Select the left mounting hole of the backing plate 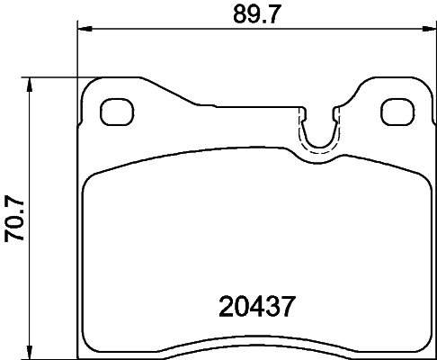pyautogui.click(x=114, y=112)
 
